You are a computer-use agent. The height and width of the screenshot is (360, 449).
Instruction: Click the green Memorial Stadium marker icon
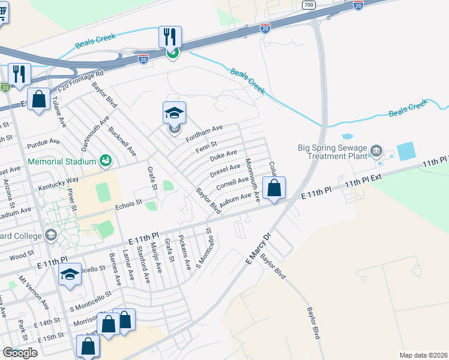point(106,160)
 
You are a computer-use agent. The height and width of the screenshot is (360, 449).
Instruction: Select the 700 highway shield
point(309,5)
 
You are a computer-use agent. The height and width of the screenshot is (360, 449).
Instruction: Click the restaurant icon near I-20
point(170,37)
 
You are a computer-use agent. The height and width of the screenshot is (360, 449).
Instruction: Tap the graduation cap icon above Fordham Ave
point(174,113)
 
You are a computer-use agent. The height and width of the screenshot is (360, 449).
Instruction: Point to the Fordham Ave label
point(204,133)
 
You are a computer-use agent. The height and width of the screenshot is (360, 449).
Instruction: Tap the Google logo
point(20,353)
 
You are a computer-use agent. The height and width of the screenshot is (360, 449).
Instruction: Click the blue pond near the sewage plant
point(405,151)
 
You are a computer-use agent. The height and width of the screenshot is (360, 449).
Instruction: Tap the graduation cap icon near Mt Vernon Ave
point(70,275)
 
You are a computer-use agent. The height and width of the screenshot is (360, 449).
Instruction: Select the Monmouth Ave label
point(253,178)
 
